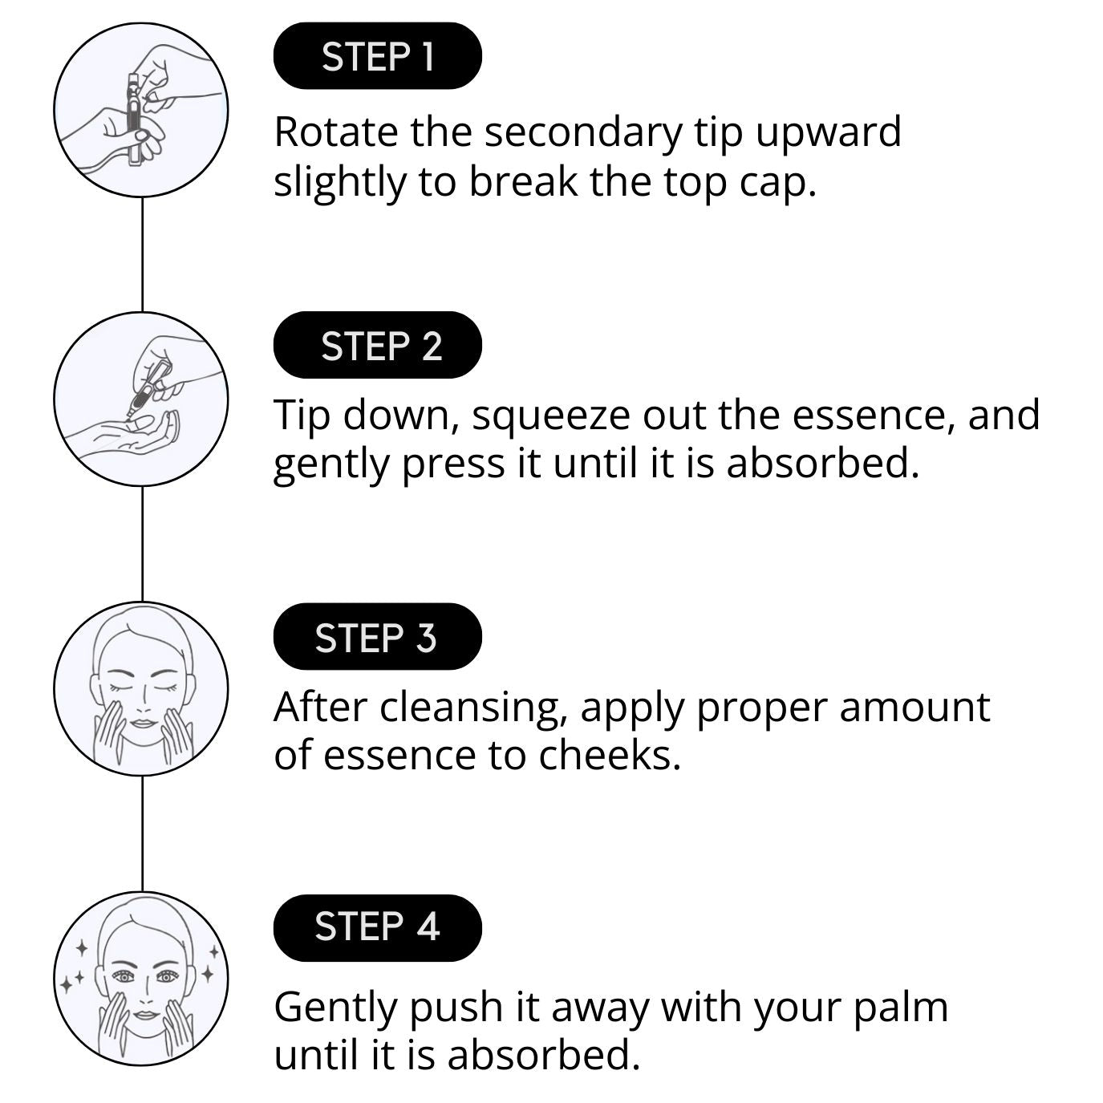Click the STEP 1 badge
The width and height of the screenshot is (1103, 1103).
[378, 56]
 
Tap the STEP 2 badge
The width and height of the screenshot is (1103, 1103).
[378, 345]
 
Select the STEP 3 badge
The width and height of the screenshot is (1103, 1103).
[378, 636]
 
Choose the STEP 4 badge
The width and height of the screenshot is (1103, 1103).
[378, 927]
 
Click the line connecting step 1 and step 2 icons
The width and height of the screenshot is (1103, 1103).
[142, 254]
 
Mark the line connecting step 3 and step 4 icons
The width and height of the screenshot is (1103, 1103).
[142, 833]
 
